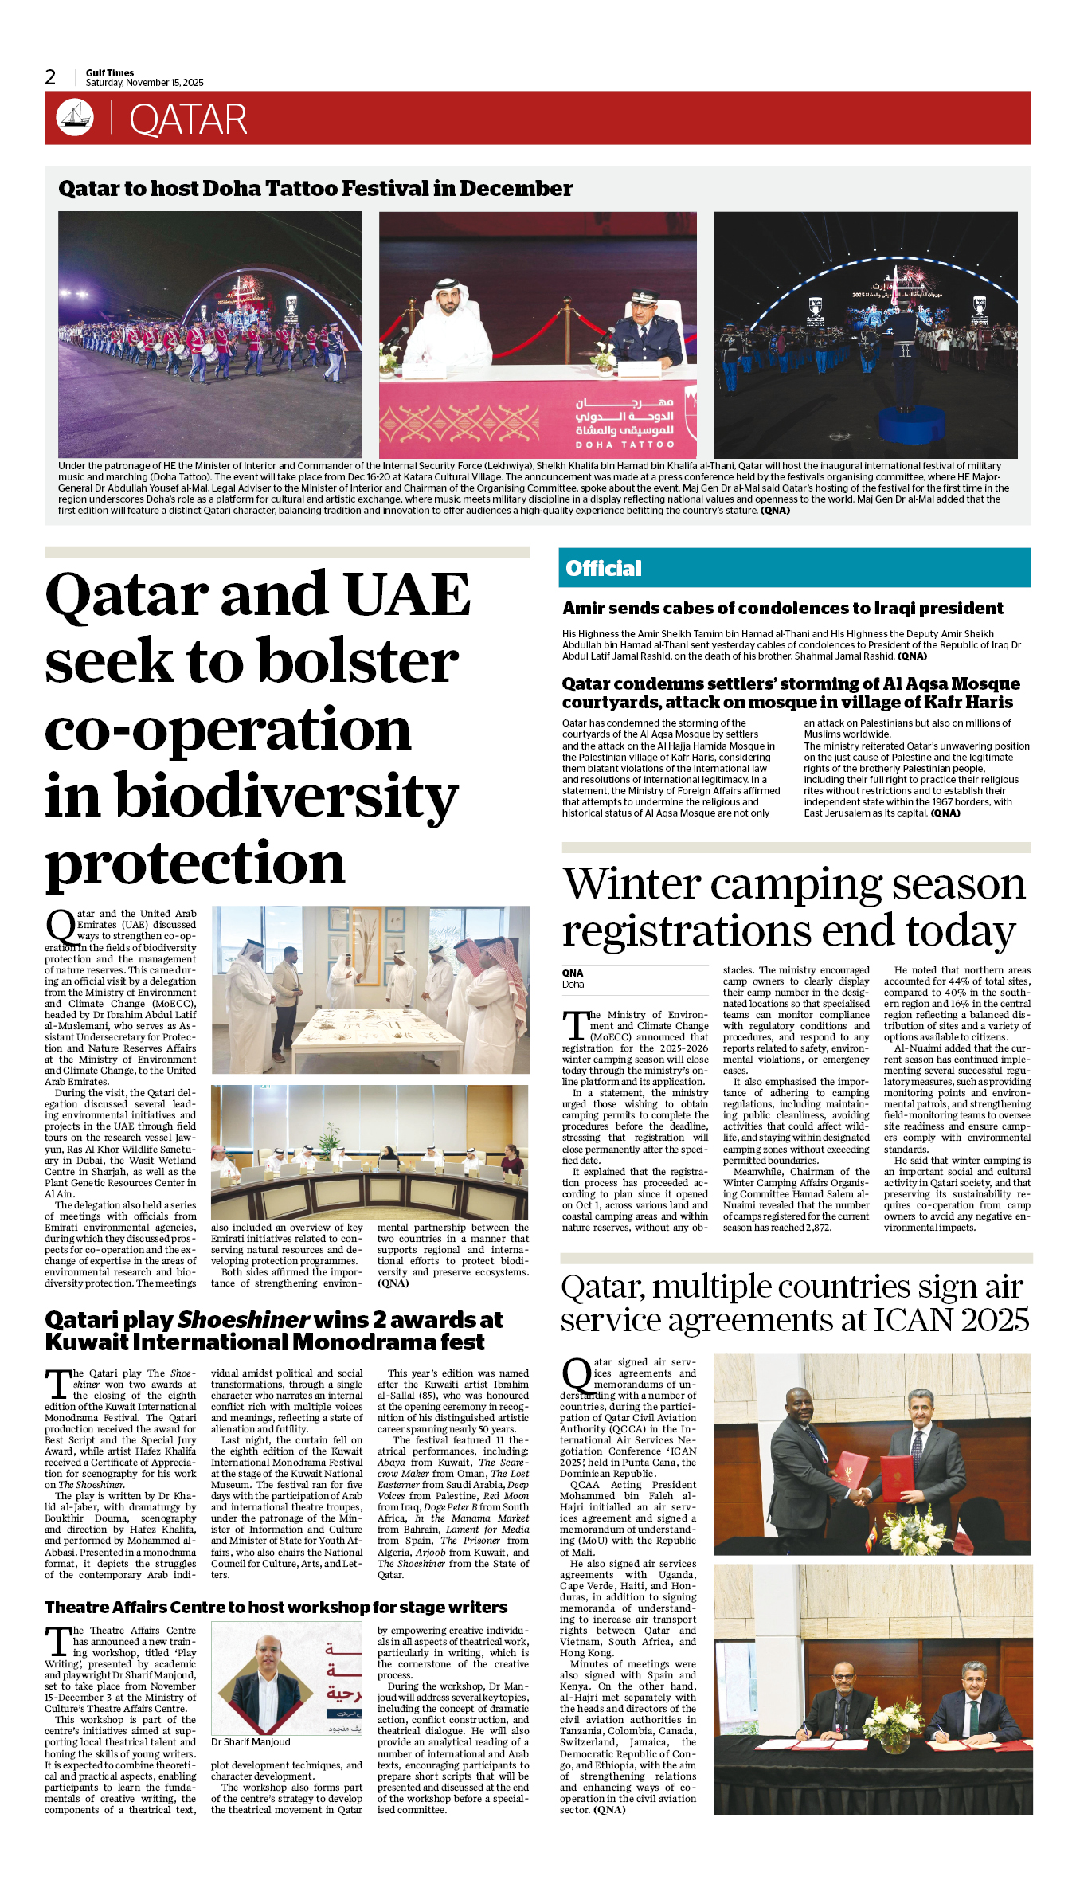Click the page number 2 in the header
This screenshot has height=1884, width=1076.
coord(50,77)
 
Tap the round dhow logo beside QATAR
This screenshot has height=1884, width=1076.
coord(75,117)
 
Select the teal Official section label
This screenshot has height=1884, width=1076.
coord(603,568)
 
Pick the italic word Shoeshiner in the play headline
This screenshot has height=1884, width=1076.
coord(243,1320)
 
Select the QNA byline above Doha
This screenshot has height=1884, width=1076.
coord(573,973)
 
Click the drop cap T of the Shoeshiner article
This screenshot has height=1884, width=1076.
coord(57,1385)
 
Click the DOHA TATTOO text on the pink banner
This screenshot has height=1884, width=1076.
coord(624,445)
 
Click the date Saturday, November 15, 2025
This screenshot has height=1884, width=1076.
coord(145,83)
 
